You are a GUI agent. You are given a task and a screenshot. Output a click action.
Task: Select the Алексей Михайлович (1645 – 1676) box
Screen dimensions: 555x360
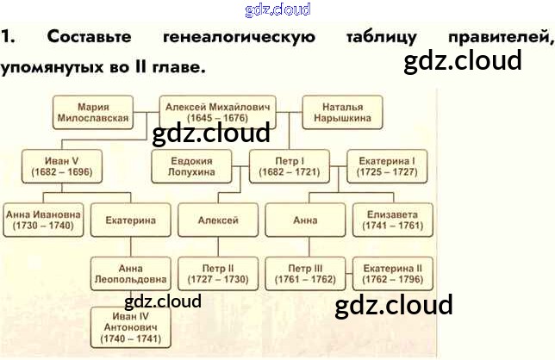[x=218, y=112]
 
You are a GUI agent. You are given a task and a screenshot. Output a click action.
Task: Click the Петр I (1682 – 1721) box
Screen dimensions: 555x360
[x=290, y=165]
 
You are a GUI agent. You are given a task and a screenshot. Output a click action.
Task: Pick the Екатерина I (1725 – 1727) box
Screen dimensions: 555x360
[x=386, y=165]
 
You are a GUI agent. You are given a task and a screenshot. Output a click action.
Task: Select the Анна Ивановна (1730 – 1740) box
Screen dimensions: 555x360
[x=43, y=220]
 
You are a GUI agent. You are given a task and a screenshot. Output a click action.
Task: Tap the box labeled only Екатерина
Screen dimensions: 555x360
[x=130, y=220]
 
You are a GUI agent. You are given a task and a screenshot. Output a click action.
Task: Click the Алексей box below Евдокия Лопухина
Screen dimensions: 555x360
[x=218, y=220]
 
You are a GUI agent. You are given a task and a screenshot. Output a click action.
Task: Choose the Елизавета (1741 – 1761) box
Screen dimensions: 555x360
[x=387, y=220]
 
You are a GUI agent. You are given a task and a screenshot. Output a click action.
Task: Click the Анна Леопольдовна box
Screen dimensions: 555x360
[x=130, y=274]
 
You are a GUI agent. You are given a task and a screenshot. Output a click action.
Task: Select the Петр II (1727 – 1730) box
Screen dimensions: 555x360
[x=218, y=274]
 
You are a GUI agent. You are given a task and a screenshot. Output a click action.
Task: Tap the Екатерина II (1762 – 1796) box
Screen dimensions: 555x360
[x=387, y=274]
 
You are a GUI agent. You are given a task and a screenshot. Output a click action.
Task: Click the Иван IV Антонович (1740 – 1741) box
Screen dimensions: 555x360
[x=130, y=328]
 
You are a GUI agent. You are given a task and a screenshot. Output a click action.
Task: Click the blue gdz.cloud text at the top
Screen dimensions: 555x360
[x=277, y=9]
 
